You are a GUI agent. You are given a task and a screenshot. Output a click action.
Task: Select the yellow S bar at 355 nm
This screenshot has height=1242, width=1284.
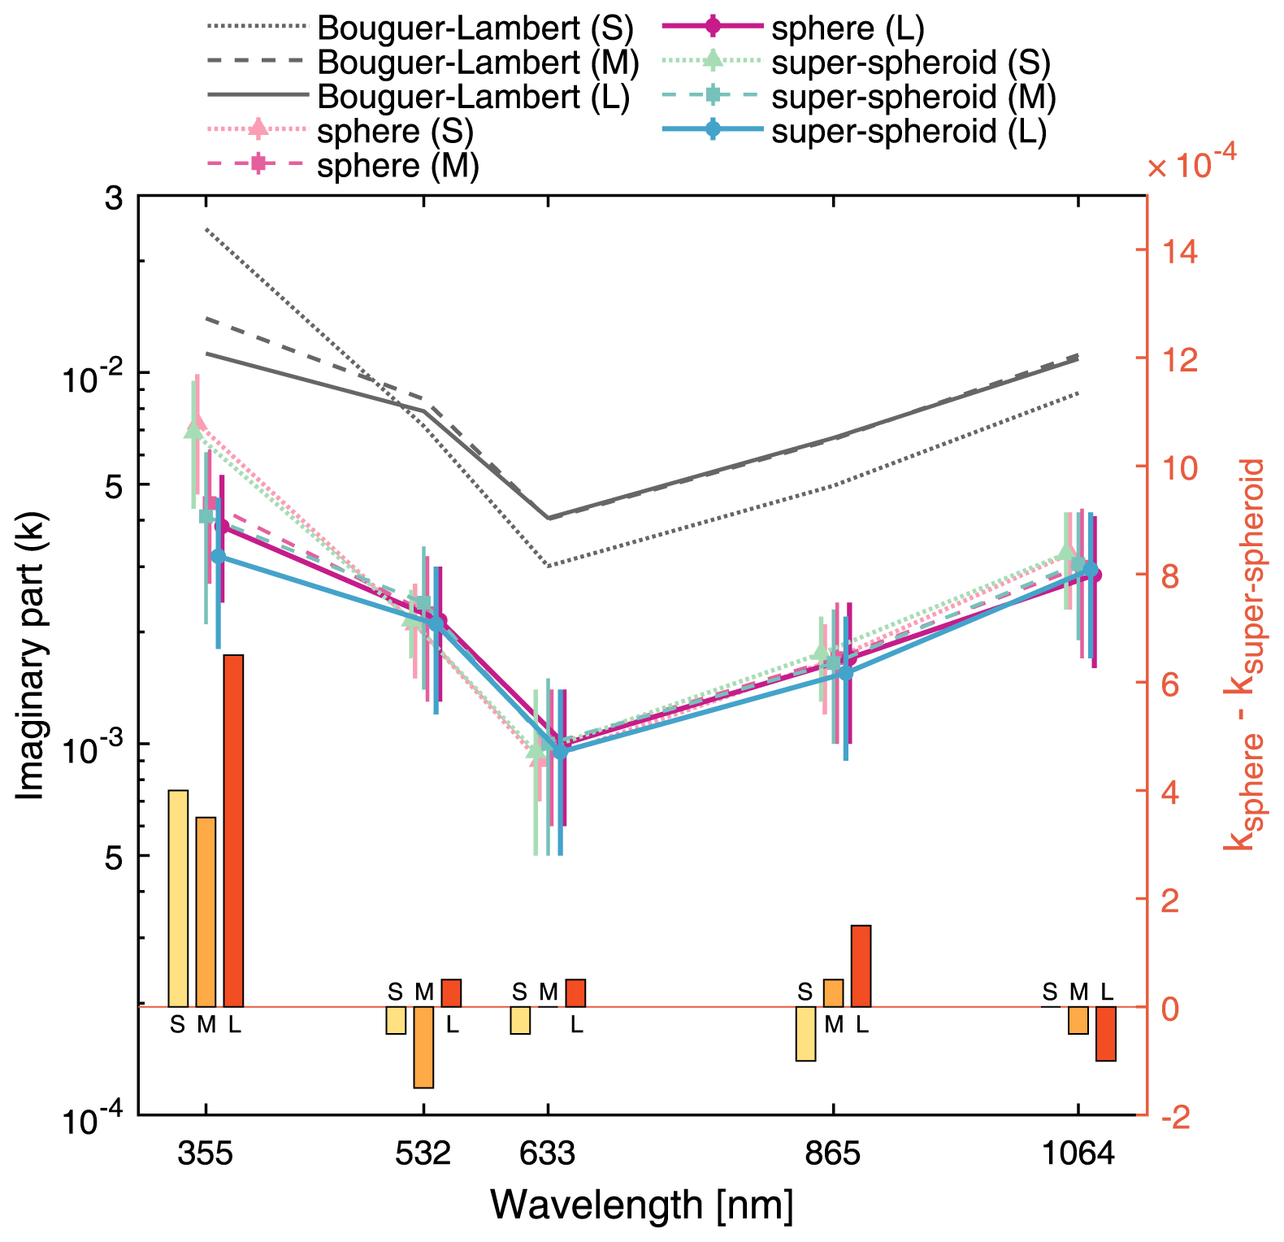point(178,898)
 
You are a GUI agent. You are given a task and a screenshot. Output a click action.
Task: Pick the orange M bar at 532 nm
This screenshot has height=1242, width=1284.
point(423,1047)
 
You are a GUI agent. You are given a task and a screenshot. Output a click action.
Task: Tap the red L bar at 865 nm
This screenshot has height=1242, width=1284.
point(861,966)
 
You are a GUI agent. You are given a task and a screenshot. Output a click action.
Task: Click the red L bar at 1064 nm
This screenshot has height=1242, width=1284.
point(1106,1033)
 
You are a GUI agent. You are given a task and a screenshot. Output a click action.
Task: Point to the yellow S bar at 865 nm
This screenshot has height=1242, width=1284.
point(805,1033)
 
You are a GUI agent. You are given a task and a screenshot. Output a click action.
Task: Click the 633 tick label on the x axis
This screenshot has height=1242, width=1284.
point(547,1153)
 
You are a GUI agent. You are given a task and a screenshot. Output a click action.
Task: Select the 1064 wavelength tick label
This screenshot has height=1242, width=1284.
point(1078,1153)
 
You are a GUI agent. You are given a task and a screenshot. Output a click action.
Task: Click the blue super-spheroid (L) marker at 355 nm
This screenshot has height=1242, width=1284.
point(218,556)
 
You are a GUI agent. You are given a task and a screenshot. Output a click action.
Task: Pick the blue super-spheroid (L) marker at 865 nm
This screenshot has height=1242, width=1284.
point(845,672)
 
